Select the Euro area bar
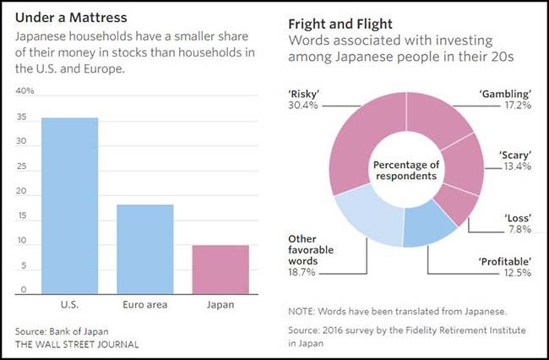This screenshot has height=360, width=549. click(x=144, y=249)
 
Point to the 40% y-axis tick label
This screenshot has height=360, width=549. click(x=25, y=91)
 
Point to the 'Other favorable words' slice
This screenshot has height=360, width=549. click(x=367, y=219)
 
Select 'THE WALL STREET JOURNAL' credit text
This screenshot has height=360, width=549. click(x=77, y=344)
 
